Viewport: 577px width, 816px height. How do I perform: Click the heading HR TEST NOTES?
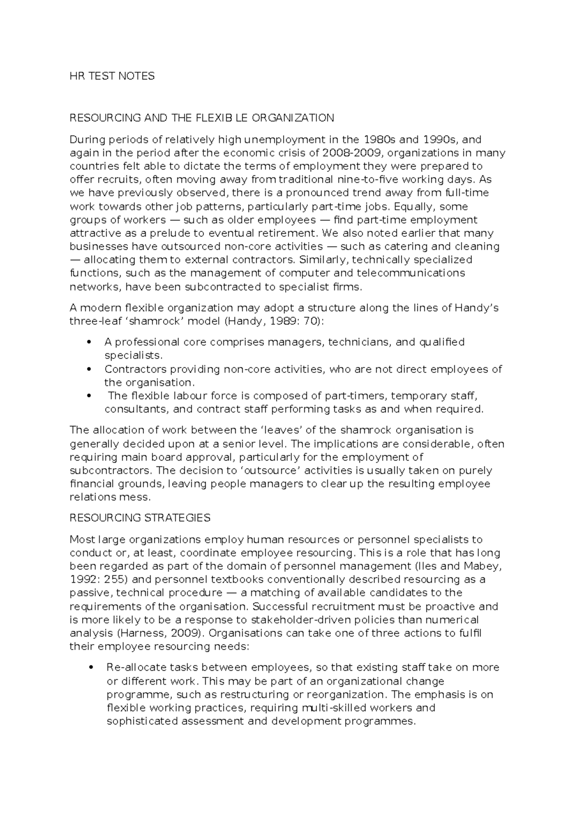pyautogui.click(x=112, y=76)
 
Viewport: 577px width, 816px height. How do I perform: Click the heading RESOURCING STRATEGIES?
pyautogui.click(x=140, y=518)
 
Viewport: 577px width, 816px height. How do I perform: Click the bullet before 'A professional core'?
pyautogui.click(x=88, y=342)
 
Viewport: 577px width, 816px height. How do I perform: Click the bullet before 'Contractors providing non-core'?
pyautogui.click(x=88, y=369)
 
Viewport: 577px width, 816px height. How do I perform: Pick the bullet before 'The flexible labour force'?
pyautogui.click(x=88, y=396)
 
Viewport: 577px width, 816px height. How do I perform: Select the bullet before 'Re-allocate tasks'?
pyautogui.click(x=88, y=668)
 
